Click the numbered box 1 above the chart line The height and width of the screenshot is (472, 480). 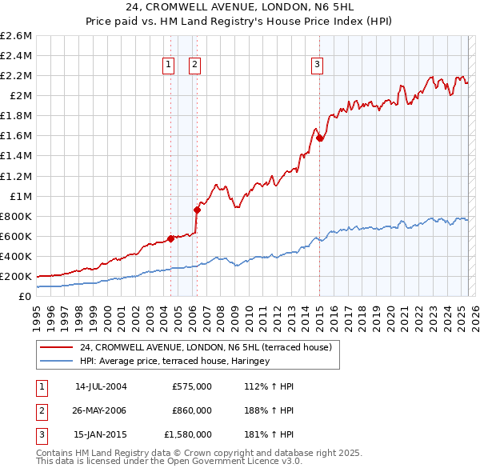(x=170, y=66)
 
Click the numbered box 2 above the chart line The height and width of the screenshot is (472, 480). (x=195, y=66)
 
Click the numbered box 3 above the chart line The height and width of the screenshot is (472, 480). (x=318, y=66)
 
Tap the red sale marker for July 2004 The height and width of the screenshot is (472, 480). (x=170, y=238)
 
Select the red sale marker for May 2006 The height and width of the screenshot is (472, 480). (x=197, y=210)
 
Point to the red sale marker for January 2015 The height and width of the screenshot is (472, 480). (x=319, y=138)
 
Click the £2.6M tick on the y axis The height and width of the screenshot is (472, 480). (x=16, y=36)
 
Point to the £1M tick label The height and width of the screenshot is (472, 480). (x=20, y=196)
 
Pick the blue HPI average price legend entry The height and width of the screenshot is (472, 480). (x=174, y=361)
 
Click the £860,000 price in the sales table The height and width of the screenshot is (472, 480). (x=192, y=410)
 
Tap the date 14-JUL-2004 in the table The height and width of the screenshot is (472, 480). (x=101, y=386)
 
